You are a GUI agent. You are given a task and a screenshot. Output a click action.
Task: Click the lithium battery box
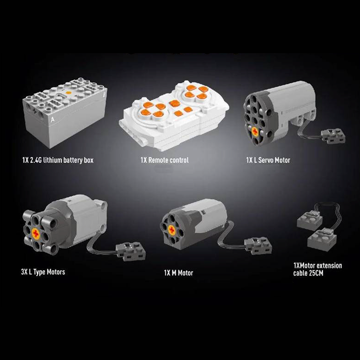(x=65, y=112)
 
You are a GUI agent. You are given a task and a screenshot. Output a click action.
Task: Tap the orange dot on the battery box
(x=68, y=93)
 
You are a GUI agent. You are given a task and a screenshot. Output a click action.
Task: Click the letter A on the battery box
(x=53, y=119)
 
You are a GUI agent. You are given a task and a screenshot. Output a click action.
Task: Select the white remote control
(x=174, y=116)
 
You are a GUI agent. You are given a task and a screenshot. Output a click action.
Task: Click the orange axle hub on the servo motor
(x=255, y=131)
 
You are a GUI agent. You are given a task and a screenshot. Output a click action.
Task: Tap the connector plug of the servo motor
(x=333, y=136)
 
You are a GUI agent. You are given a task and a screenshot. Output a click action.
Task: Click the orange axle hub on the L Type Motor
(x=36, y=234)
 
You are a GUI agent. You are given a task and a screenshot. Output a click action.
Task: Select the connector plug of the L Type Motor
(x=130, y=251)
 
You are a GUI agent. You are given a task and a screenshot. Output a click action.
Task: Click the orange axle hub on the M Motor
(x=172, y=230)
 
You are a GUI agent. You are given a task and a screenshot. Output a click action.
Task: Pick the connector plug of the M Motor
(x=258, y=246)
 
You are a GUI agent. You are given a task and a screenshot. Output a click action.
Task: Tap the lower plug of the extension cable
(x=322, y=239)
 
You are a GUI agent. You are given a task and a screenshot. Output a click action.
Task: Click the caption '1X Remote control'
(x=165, y=160)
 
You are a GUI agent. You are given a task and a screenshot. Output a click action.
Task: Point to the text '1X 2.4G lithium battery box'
(x=58, y=160)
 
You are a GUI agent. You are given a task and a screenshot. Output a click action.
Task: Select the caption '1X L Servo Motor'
(x=268, y=160)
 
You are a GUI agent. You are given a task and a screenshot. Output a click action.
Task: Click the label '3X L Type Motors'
(x=43, y=272)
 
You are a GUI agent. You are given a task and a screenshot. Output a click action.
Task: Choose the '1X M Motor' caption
(x=179, y=273)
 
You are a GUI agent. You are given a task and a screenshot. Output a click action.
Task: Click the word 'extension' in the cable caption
(x=328, y=265)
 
